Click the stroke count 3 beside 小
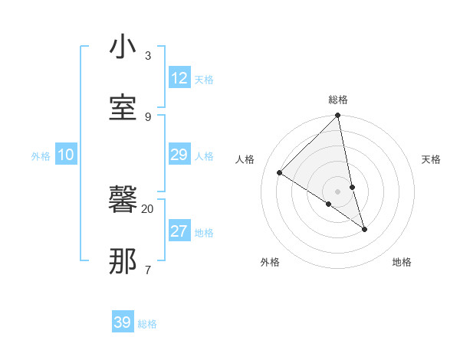pyautogui.click(x=147, y=56)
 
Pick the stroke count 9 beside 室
pyautogui.click(x=147, y=116)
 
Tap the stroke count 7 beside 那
pyautogui.click(x=147, y=269)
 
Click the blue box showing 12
pyautogui.click(x=179, y=78)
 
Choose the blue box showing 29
pyautogui.click(x=179, y=155)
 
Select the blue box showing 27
pyautogui.click(x=179, y=231)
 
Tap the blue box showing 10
pyautogui.click(x=66, y=155)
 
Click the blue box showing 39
pyautogui.click(x=123, y=322)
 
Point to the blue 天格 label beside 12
pyautogui.click(x=204, y=80)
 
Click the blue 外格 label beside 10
pyautogui.click(x=41, y=156)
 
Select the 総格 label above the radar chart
pyautogui.click(x=338, y=100)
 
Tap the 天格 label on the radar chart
pyautogui.click(x=432, y=159)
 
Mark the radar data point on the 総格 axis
pyautogui.click(x=338, y=116)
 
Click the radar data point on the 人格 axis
pyautogui.click(x=280, y=172)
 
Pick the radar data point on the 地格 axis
pyautogui.click(x=364, y=229)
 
